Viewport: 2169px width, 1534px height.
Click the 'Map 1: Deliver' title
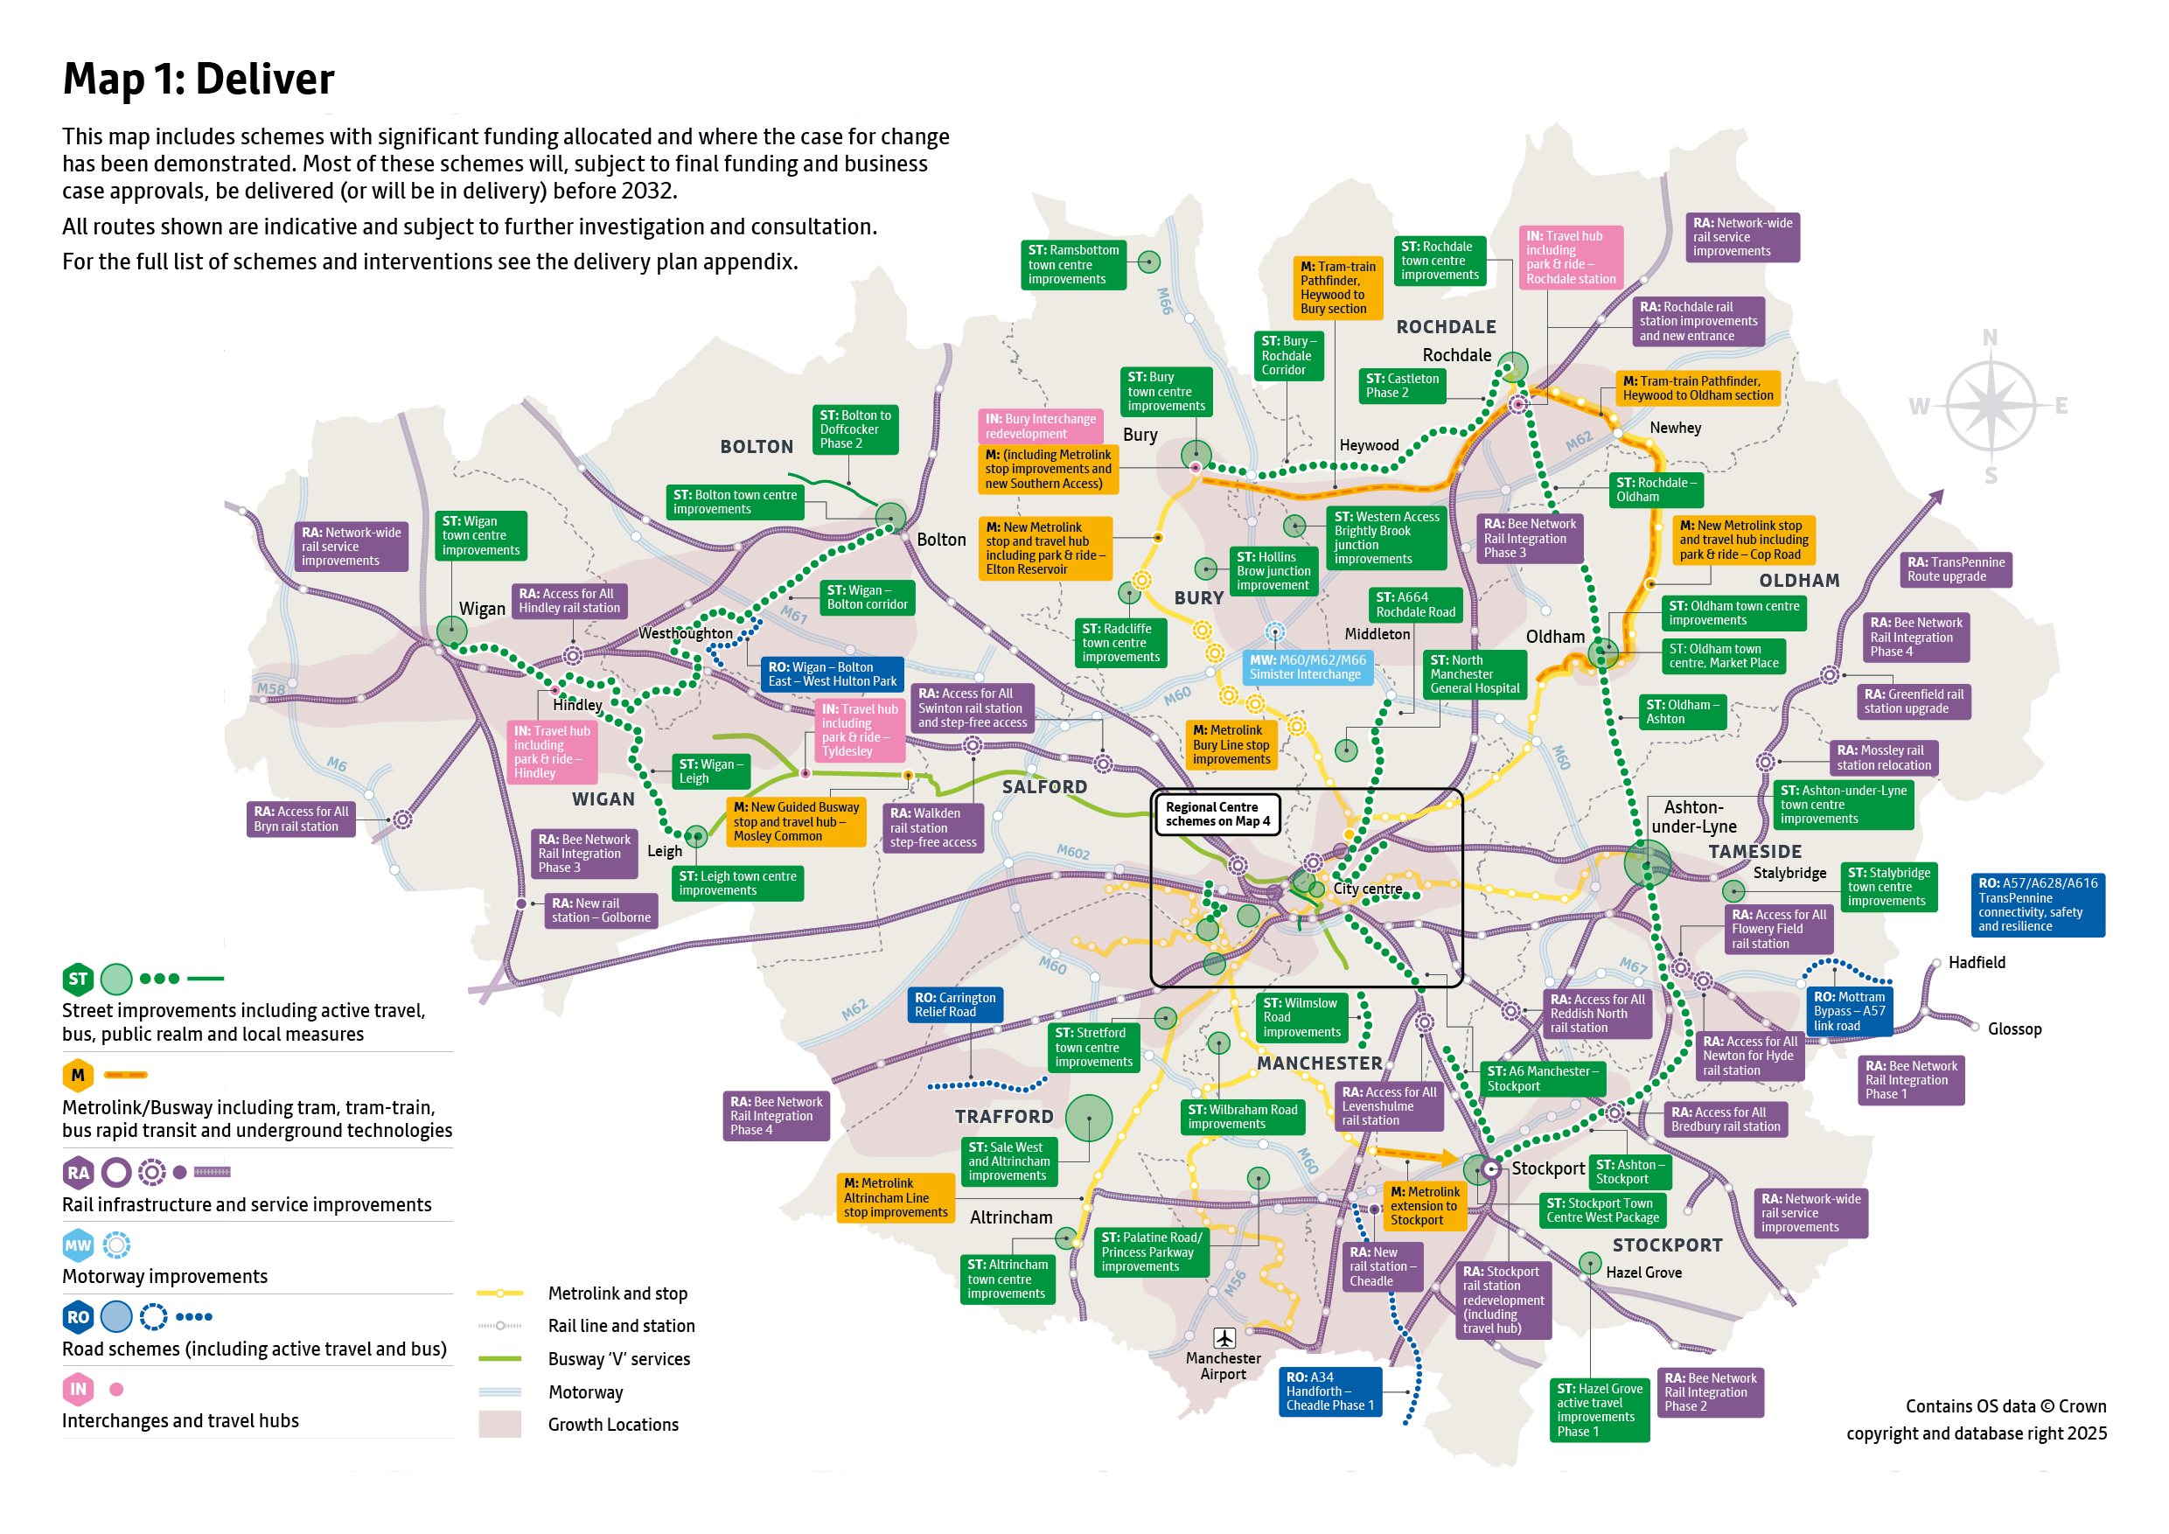[199, 79]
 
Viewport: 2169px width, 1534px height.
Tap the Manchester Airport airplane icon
[1224, 1337]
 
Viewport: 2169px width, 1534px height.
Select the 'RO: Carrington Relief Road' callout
[954, 1004]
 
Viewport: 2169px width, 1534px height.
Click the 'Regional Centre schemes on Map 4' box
[1217, 813]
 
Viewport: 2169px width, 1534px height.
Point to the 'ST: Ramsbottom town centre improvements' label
[1073, 264]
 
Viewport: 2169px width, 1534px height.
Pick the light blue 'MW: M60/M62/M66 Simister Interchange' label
[1307, 667]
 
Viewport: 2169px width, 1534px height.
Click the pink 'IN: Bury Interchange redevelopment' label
[1040, 426]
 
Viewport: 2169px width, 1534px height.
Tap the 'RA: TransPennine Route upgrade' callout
[1955, 569]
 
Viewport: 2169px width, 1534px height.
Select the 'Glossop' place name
[2014, 1028]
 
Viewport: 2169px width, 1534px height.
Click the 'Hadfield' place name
[1977, 963]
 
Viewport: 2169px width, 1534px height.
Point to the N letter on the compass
[1990, 338]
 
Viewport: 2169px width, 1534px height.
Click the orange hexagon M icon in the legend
[78, 1075]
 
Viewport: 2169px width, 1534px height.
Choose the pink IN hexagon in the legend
[78, 1389]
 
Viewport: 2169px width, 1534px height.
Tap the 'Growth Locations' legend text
[613, 1425]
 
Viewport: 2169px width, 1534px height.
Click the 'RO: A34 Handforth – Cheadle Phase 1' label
[1330, 1391]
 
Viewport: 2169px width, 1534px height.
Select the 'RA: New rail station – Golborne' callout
[601, 910]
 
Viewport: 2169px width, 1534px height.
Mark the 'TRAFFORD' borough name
[1003, 1117]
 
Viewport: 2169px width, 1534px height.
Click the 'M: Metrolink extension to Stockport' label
[1425, 1206]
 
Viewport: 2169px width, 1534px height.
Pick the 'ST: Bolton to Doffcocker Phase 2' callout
[854, 429]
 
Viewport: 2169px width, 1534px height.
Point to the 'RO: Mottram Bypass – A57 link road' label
[1849, 1011]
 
